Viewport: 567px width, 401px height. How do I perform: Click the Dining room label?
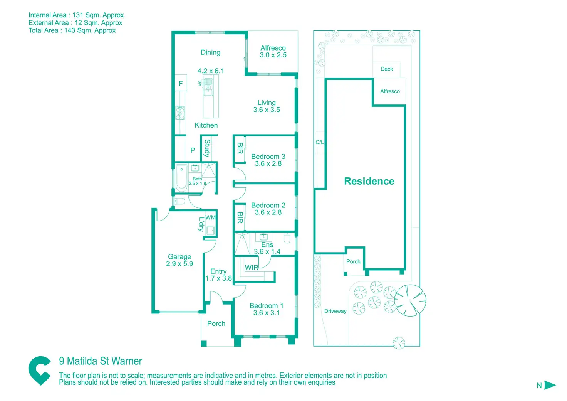tap(210, 52)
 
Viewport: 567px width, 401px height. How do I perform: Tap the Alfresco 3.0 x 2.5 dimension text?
tap(273, 55)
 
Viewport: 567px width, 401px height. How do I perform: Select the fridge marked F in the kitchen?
tap(181, 83)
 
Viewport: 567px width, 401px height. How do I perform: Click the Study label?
tap(207, 148)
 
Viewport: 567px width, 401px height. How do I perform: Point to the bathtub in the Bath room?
tap(181, 178)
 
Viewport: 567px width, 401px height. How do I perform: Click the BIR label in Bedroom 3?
tap(240, 148)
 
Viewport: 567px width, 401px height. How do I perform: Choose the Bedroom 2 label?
tap(268, 206)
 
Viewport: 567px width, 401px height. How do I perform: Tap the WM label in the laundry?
tap(210, 217)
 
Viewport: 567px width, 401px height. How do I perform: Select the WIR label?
tap(252, 268)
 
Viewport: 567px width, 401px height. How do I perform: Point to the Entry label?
tap(218, 271)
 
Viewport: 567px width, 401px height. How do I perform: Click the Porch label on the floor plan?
tap(216, 323)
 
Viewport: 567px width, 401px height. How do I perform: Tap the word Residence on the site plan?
tap(369, 181)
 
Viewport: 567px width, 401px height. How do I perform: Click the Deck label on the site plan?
tap(387, 69)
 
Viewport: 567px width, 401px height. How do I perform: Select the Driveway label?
tap(335, 311)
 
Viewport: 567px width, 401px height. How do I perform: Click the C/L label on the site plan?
tap(320, 142)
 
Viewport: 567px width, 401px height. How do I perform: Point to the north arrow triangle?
tap(550, 385)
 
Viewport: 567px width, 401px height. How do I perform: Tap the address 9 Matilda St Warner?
tap(101, 361)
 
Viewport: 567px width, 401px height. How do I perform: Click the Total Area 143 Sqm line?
tap(72, 30)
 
